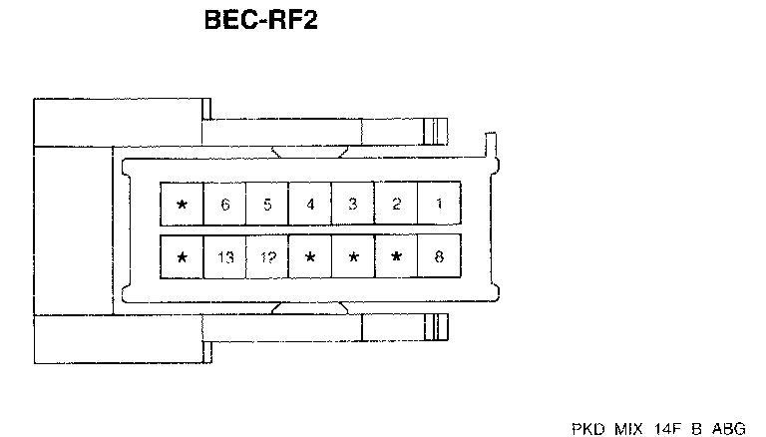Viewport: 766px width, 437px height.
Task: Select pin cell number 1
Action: (x=439, y=205)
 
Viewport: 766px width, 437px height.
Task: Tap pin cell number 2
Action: (x=396, y=205)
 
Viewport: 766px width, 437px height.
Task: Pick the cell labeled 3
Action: (x=353, y=205)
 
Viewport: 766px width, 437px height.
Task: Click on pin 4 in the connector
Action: (x=310, y=205)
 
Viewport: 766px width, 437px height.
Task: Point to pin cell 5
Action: (x=267, y=205)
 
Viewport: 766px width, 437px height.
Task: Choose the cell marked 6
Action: (x=224, y=205)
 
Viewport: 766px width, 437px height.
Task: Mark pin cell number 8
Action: (x=439, y=257)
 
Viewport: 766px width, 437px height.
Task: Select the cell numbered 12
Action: (x=267, y=257)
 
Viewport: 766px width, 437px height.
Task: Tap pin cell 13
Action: (x=224, y=257)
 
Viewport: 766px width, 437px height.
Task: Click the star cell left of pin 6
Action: (x=182, y=205)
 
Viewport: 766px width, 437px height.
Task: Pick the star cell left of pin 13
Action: (x=182, y=257)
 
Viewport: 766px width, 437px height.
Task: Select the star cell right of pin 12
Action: (x=310, y=257)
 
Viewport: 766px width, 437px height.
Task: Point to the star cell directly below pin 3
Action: (x=353, y=257)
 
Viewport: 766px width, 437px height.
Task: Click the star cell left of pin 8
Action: (x=396, y=257)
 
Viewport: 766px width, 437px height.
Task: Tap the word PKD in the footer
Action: (x=587, y=428)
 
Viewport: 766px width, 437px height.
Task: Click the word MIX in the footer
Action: (x=626, y=428)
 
